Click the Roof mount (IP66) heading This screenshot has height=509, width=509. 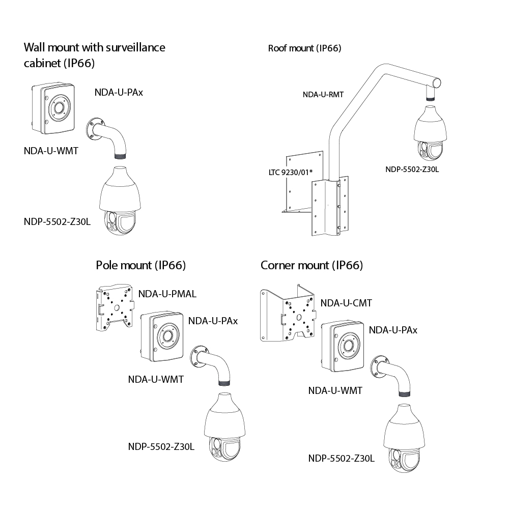pos(304,48)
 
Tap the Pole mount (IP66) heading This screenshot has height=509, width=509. pos(140,265)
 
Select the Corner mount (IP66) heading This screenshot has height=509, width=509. pos(312,265)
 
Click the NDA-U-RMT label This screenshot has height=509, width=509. pos(323,94)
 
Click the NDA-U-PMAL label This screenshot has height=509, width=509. pos(167,294)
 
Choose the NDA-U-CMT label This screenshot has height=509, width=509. pos(346,303)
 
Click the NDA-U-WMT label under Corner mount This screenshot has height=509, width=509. pos(335,390)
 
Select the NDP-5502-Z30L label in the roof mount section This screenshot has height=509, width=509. pos(412,169)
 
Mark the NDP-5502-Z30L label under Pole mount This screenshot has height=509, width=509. pos(161,446)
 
